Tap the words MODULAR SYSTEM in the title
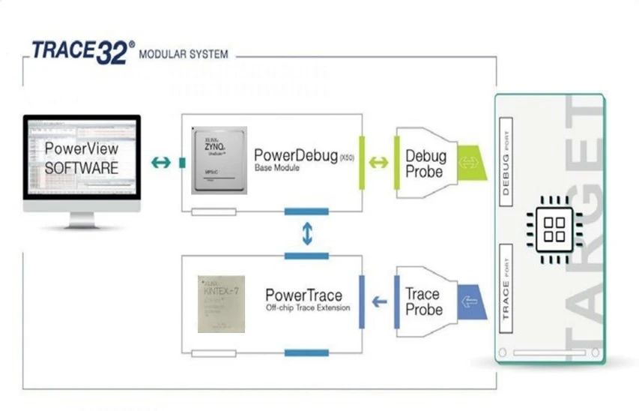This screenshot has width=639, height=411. (184, 55)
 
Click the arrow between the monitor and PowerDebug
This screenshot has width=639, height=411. (160, 162)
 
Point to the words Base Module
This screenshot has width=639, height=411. (276, 168)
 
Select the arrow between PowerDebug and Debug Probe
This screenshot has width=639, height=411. (379, 162)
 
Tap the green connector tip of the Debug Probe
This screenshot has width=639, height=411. (471, 162)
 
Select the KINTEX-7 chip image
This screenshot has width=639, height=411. (220, 304)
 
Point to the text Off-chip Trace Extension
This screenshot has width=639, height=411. (307, 307)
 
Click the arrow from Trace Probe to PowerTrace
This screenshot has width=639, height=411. (380, 301)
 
